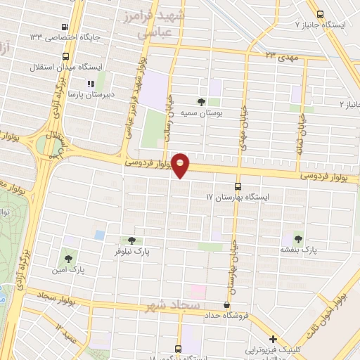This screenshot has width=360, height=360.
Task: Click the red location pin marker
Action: pyautogui.click(x=181, y=165)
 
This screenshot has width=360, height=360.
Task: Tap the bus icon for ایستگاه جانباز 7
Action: pyautogui.click(x=321, y=14)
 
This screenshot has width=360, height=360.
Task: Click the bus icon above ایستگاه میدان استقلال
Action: pyautogui.click(x=66, y=56)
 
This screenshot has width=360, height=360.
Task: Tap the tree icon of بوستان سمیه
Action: pyautogui.click(x=202, y=102)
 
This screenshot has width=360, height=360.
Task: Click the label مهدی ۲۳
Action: pyautogui.click(x=281, y=55)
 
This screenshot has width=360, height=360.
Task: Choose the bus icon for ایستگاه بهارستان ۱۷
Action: pyautogui.click(x=238, y=187)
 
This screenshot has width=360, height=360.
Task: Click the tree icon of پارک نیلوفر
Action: pyautogui.click(x=131, y=240)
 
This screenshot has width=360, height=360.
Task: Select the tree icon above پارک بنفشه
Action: pyautogui.click(x=300, y=239)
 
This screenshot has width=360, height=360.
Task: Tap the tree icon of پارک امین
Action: pyautogui.click(x=68, y=259)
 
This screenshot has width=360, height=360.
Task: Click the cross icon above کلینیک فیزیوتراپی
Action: pyautogui.click(x=273, y=339)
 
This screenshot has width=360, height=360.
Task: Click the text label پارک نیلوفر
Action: pyautogui.click(x=131, y=251)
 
